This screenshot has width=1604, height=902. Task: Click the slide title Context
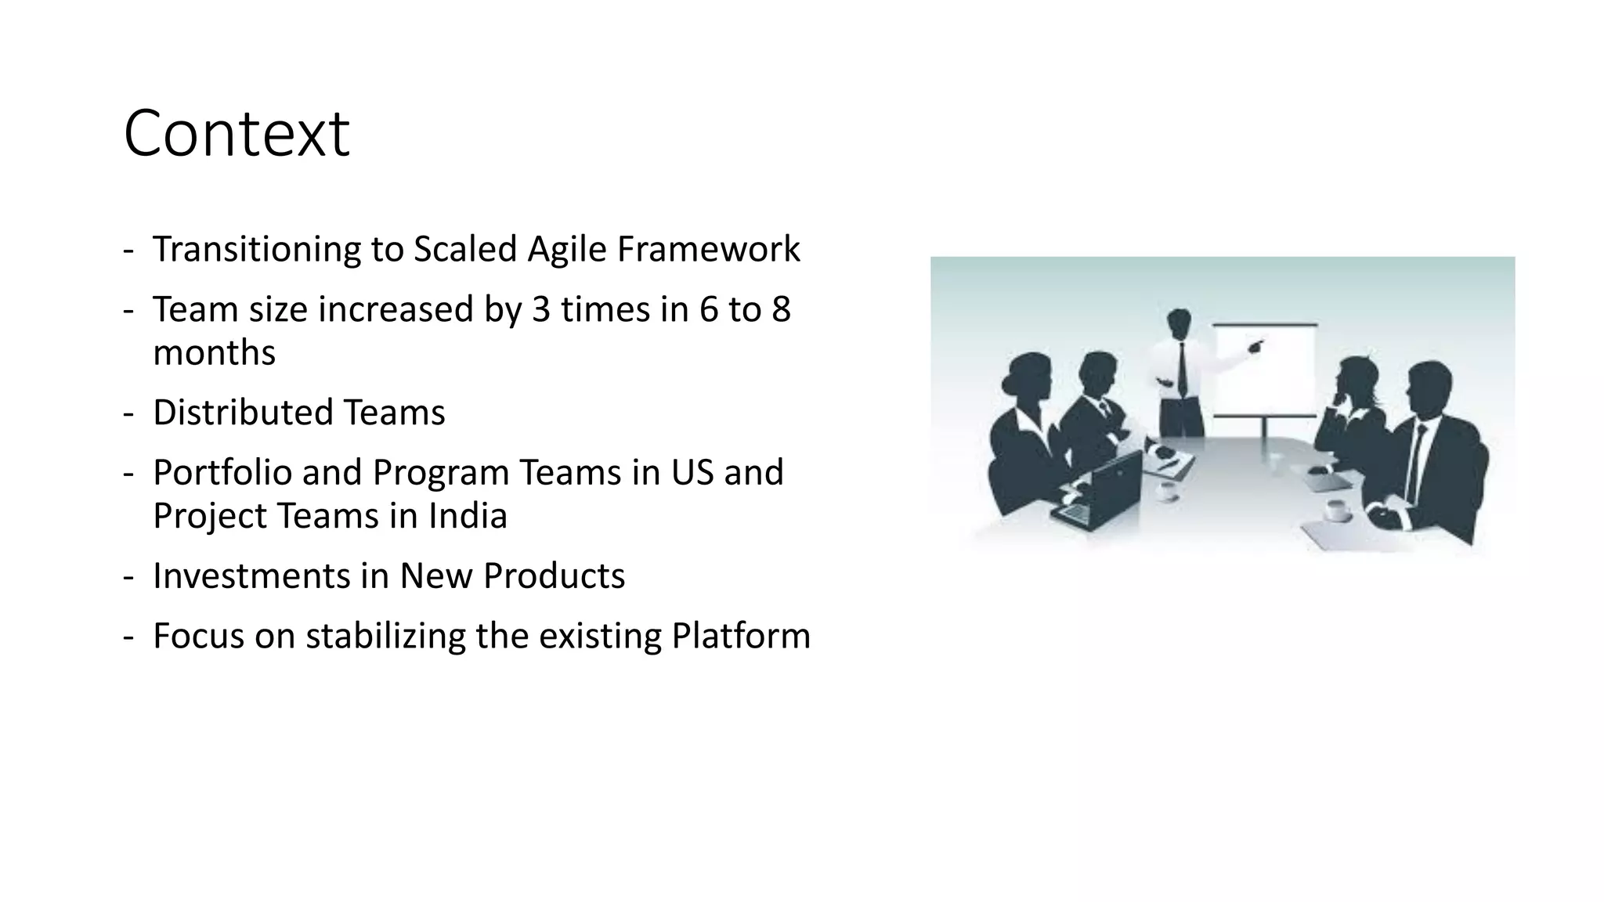pos(237,134)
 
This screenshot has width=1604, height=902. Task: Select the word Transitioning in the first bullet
pos(255,250)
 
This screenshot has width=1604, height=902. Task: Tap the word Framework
pos(708,250)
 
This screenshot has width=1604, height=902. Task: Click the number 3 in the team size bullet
pos(540,309)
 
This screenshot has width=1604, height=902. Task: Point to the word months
pos(214,352)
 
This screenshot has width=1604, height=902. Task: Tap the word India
pos(468,516)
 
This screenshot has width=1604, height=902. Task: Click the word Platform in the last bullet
pos(741,636)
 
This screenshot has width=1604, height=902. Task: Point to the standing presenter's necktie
pos(1182,368)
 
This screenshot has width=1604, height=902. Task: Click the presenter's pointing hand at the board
pos(1256,345)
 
